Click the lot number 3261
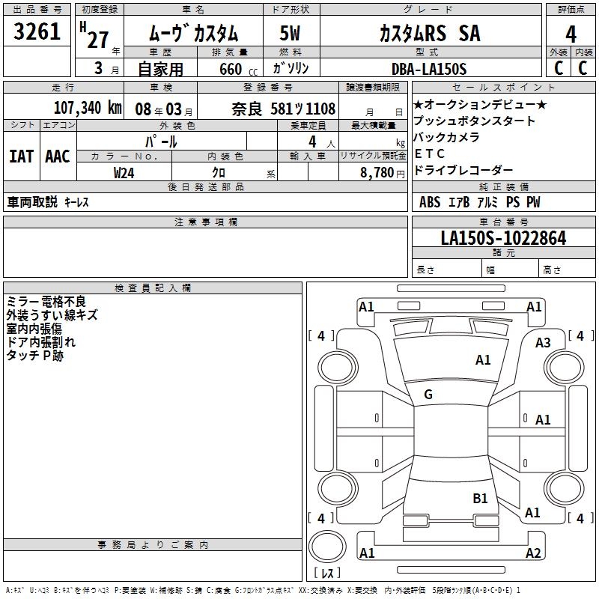tap(37, 32)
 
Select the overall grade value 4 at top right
tap(571, 34)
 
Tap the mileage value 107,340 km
tap(88, 107)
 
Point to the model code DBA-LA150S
tap(428, 69)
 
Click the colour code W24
tap(124, 172)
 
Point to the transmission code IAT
tap(21, 156)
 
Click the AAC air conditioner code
tap(57, 156)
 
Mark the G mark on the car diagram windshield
tap(428, 395)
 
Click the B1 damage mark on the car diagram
tap(480, 498)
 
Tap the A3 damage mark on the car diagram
tap(543, 343)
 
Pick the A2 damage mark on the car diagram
tap(533, 553)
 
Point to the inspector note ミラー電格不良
tap(46, 302)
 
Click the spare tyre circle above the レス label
tap(326, 546)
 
